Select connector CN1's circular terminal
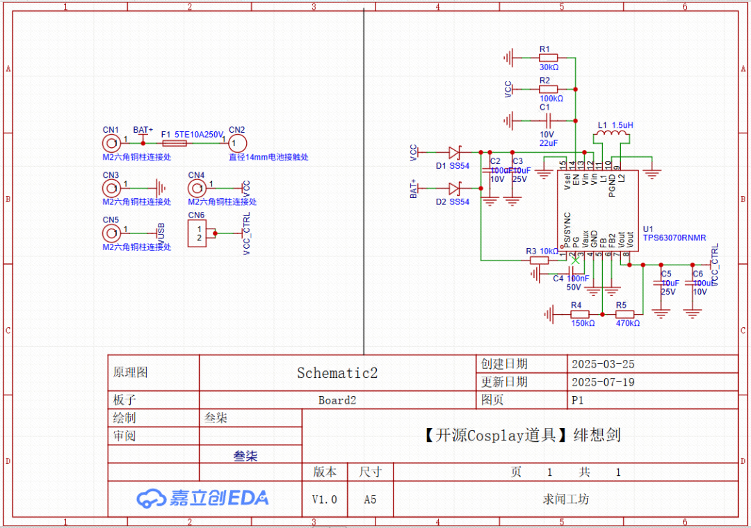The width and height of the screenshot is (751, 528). pos(110,143)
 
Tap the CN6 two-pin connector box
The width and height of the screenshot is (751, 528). pos(200,233)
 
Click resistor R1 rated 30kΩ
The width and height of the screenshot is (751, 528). pos(549,58)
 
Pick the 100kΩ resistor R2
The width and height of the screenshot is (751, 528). pos(549,89)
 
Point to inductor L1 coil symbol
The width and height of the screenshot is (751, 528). pos(609,135)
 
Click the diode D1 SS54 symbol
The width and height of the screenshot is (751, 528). pos(454,152)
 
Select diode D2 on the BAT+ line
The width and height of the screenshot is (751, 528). pos(454,188)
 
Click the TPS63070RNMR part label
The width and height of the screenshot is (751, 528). pos(674,238)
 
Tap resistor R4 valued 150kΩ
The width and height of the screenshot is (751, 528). pos(579,314)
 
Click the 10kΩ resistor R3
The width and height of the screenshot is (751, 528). pos(539,260)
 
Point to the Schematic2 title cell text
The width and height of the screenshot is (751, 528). pos(337,373)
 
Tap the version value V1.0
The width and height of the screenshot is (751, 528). pos(324,500)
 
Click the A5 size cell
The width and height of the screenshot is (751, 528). pos(370,500)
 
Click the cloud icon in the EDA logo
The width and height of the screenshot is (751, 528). pos(150,498)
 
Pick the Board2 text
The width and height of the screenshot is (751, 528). pos(337,400)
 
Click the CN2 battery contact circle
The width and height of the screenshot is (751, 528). pos(236,143)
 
